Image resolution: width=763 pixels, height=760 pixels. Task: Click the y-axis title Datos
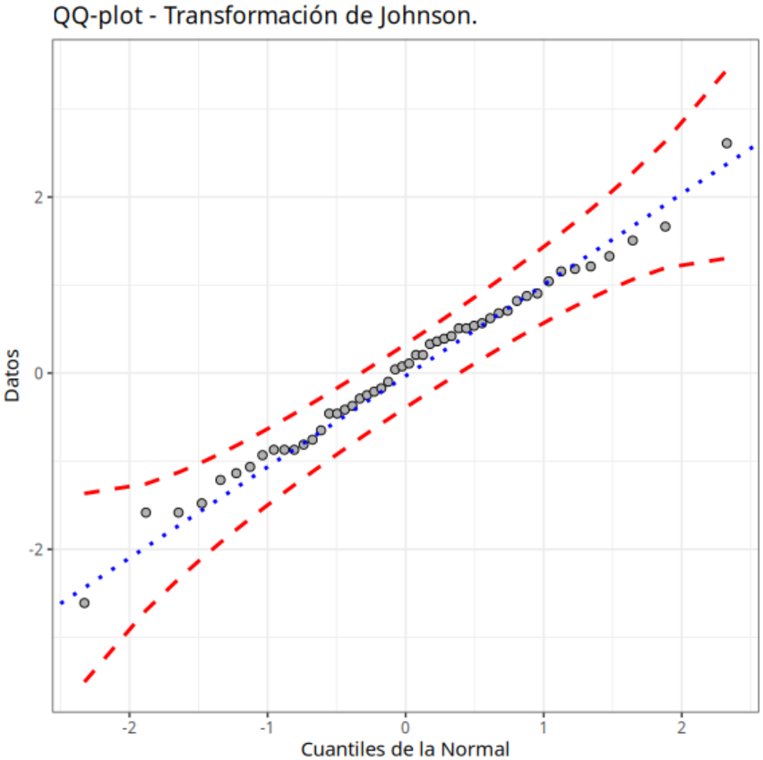[x=13, y=375]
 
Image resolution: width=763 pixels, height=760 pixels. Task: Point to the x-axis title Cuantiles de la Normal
[x=405, y=748]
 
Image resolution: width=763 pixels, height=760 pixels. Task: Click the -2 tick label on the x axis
[x=128, y=724]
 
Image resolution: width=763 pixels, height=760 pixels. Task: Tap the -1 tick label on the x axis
[x=266, y=724]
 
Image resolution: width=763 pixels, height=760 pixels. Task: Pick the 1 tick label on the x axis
[x=544, y=724]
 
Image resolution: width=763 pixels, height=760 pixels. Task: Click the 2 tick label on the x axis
[x=682, y=724]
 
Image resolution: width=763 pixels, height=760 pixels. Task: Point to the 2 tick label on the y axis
[x=39, y=197]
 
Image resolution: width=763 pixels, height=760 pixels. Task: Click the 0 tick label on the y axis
[x=39, y=373]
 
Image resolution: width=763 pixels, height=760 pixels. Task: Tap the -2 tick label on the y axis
[x=36, y=548]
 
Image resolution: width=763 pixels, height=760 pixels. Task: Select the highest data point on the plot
[x=726, y=143]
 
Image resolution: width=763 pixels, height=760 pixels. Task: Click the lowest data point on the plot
[x=84, y=603]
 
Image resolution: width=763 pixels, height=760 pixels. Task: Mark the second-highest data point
[x=664, y=227]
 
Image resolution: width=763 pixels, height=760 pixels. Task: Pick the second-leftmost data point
[x=146, y=513]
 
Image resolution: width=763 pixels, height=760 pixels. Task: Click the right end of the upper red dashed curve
[x=725, y=69]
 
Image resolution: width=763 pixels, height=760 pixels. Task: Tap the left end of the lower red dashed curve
[x=84, y=681]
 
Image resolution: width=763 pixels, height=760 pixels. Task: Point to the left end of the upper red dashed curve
[x=84, y=493]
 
